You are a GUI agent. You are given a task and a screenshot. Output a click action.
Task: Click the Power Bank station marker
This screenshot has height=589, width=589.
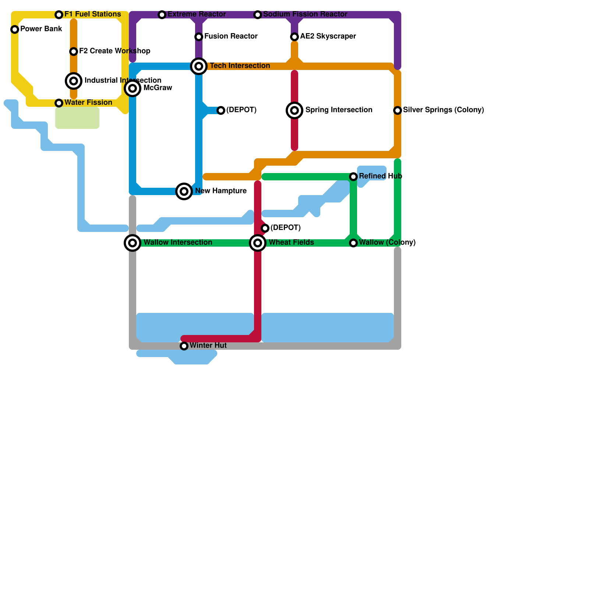click(x=15, y=29)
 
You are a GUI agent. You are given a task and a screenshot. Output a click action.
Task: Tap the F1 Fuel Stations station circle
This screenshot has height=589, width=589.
click(x=59, y=15)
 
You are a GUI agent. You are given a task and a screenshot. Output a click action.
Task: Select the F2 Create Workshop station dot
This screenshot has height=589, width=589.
click(x=74, y=52)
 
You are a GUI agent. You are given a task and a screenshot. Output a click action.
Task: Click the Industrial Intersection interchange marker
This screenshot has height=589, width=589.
click(x=74, y=81)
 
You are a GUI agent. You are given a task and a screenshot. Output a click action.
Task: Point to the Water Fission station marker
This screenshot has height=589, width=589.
click(x=59, y=103)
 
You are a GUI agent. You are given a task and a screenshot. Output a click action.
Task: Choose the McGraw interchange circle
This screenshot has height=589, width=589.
click(x=133, y=88)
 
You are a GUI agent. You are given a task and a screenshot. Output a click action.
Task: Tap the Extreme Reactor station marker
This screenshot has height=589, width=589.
click(x=162, y=15)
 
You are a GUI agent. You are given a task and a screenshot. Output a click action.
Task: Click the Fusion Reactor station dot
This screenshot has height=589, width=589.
click(x=199, y=37)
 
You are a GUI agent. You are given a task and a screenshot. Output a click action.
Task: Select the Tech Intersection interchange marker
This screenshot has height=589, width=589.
click(x=199, y=66)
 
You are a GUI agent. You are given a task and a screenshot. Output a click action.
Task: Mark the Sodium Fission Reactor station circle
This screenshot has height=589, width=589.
click(x=258, y=15)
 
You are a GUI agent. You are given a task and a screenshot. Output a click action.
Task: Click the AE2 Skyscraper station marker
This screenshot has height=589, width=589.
click(x=294, y=37)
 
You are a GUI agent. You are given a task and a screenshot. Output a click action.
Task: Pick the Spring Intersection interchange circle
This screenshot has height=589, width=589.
click(x=294, y=110)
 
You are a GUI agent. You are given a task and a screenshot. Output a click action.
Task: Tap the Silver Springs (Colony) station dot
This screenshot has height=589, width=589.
click(x=398, y=110)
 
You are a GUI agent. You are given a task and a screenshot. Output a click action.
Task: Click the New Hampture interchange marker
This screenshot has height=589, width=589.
click(x=184, y=191)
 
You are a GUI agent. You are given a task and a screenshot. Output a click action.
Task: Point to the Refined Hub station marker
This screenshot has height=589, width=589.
click(x=353, y=177)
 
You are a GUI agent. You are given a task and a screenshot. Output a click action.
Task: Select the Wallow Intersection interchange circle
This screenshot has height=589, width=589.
click(x=133, y=243)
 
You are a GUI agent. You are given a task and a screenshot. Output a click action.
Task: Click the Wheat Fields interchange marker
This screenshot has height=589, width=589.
click(x=258, y=243)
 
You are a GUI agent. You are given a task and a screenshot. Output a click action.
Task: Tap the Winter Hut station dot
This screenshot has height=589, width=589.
click(x=184, y=346)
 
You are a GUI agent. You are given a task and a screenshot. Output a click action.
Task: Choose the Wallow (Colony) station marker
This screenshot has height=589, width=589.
click(x=353, y=243)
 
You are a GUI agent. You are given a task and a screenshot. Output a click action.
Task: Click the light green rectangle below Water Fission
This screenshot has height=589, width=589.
click(x=77, y=118)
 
